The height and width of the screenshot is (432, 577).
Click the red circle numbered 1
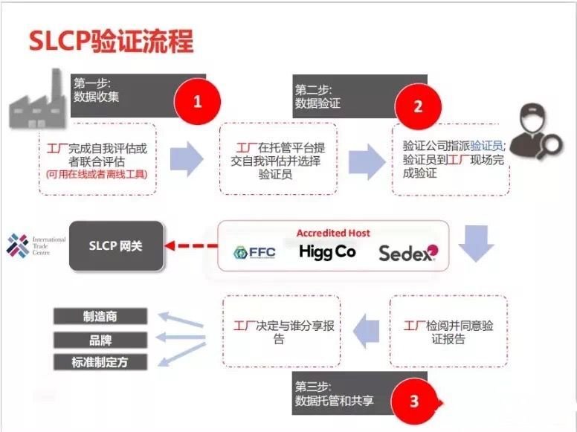click(198, 102)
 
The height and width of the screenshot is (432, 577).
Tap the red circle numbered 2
click(418, 107)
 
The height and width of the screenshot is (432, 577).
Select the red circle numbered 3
click(414, 401)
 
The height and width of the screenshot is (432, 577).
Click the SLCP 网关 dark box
click(116, 246)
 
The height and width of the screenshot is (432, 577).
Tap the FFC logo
click(254, 252)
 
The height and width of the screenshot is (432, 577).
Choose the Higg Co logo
click(327, 252)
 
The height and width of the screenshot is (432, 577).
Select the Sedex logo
click(408, 253)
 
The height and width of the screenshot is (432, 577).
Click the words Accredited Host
click(333, 233)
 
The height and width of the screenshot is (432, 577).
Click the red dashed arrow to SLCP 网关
click(191, 245)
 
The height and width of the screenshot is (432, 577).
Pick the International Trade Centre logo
click(36, 245)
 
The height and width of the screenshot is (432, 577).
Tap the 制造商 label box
click(100, 317)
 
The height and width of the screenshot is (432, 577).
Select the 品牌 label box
click(100, 340)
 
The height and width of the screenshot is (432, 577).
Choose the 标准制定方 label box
click(100, 362)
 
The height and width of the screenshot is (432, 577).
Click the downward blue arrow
click(476, 244)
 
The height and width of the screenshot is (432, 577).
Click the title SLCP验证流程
click(111, 40)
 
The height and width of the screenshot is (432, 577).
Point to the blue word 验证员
click(487, 146)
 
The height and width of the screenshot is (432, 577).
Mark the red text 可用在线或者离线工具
click(97, 174)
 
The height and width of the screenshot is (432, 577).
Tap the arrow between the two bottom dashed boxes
click(366, 331)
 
